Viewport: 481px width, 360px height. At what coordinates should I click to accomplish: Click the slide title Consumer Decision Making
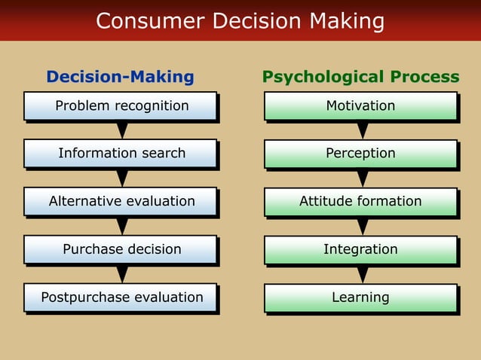(x=240, y=21)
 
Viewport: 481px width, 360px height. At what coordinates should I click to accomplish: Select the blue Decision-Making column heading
(x=120, y=77)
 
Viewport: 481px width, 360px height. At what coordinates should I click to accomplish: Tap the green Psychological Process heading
(x=360, y=77)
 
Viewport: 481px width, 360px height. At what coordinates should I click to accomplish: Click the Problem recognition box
(x=121, y=106)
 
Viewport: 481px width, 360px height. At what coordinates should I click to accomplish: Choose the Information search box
(x=121, y=154)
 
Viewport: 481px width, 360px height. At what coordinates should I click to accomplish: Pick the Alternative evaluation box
(x=121, y=202)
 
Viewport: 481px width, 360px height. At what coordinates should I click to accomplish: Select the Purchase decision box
(x=121, y=249)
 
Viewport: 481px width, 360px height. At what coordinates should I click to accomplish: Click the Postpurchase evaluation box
(x=121, y=297)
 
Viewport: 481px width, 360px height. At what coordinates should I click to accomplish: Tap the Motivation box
(x=360, y=106)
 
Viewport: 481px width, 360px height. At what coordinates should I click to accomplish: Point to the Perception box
(x=360, y=154)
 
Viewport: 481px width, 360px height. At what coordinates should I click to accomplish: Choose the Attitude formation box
(x=360, y=202)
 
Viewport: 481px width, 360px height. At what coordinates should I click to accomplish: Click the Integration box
(x=360, y=249)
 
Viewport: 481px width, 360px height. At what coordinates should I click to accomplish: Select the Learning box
(x=360, y=297)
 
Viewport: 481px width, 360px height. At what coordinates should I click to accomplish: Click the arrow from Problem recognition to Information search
(x=122, y=130)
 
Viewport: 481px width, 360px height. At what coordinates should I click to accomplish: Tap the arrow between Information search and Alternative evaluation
(x=122, y=178)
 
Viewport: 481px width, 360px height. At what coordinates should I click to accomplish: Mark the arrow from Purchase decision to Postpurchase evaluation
(x=122, y=274)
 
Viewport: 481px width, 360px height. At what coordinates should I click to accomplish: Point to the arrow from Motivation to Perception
(x=363, y=130)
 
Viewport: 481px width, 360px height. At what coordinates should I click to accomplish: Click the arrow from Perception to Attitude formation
(x=363, y=178)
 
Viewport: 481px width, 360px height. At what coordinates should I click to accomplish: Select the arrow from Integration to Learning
(x=363, y=274)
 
